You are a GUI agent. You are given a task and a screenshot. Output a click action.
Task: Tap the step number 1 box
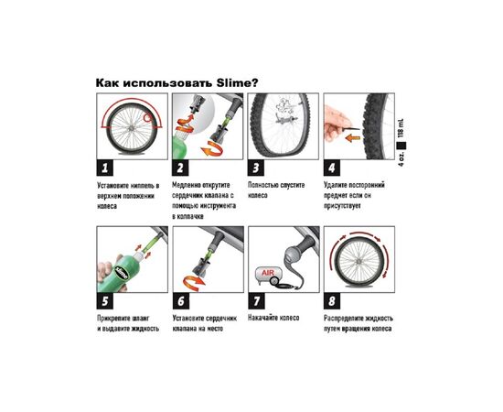click(x=105, y=168)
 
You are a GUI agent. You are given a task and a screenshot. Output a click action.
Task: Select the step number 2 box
click(x=180, y=168)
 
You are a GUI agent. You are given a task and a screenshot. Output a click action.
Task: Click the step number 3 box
click(x=256, y=168)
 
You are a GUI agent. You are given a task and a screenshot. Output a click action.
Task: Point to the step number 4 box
click(x=332, y=168)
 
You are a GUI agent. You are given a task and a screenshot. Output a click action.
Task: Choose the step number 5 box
click(x=105, y=301)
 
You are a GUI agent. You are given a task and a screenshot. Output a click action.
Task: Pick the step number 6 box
click(x=180, y=301)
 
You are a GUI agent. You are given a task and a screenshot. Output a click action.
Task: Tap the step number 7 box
click(x=256, y=301)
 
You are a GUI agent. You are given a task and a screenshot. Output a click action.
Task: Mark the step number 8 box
click(x=332, y=301)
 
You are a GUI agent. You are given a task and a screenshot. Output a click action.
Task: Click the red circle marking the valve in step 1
click(x=147, y=118)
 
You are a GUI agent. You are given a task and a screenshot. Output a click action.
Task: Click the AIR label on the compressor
click(x=268, y=273)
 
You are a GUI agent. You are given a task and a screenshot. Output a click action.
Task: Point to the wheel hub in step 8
click(x=359, y=262)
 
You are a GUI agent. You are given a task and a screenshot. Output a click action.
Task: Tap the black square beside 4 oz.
click(x=401, y=146)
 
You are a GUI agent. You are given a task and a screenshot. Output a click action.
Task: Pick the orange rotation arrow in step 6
click(x=194, y=281)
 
